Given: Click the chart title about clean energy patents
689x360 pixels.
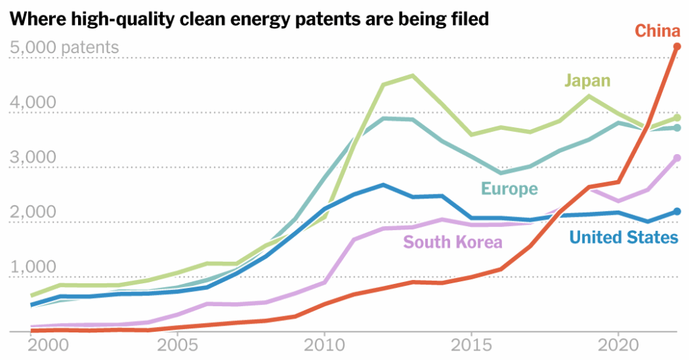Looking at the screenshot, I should coord(249,20).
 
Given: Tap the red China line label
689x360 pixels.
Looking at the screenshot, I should coord(657,31).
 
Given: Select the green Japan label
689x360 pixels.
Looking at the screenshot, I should coord(587,81).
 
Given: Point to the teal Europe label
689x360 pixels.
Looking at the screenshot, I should coord(509,189).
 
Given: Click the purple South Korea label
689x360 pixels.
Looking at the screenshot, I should coord(452,242).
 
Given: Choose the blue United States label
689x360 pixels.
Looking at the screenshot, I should coord(624,237).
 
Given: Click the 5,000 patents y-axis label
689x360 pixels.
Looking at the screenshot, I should coord(65,48).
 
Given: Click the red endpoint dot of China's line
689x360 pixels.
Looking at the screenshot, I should coord(677,46).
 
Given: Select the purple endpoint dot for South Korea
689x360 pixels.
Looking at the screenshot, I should coord(677,158).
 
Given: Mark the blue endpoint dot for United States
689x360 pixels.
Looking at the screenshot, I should coord(677,211).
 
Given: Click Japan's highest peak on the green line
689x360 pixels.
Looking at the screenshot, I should coord(412,75).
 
